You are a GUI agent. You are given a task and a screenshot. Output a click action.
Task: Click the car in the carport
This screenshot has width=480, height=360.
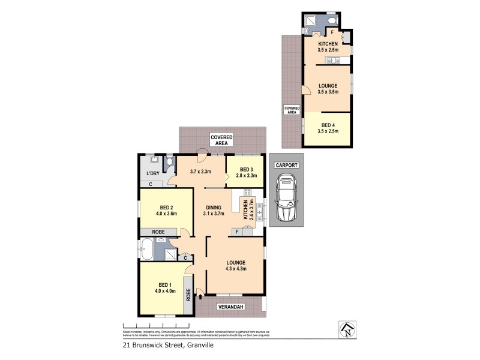click(x=286, y=199)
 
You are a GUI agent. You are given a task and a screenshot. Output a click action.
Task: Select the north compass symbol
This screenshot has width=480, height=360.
click(x=346, y=329)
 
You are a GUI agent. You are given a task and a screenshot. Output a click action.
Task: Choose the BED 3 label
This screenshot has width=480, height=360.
click(x=243, y=169)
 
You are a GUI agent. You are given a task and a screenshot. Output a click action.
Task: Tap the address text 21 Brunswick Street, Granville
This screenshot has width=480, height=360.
click(x=164, y=345)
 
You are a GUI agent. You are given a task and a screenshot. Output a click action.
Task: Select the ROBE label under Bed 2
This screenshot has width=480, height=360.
click(x=158, y=231)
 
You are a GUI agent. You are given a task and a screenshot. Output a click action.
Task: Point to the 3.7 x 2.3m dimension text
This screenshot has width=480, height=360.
click(x=201, y=172)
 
